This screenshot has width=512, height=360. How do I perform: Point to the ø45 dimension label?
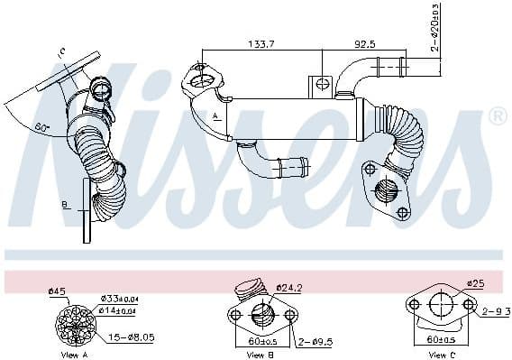[57, 291]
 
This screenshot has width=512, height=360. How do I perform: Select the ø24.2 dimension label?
[289, 290]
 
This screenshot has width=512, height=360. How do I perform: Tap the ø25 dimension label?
[476, 283]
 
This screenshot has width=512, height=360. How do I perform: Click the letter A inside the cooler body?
[216, 118]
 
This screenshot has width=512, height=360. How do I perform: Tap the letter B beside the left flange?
[65, 206]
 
